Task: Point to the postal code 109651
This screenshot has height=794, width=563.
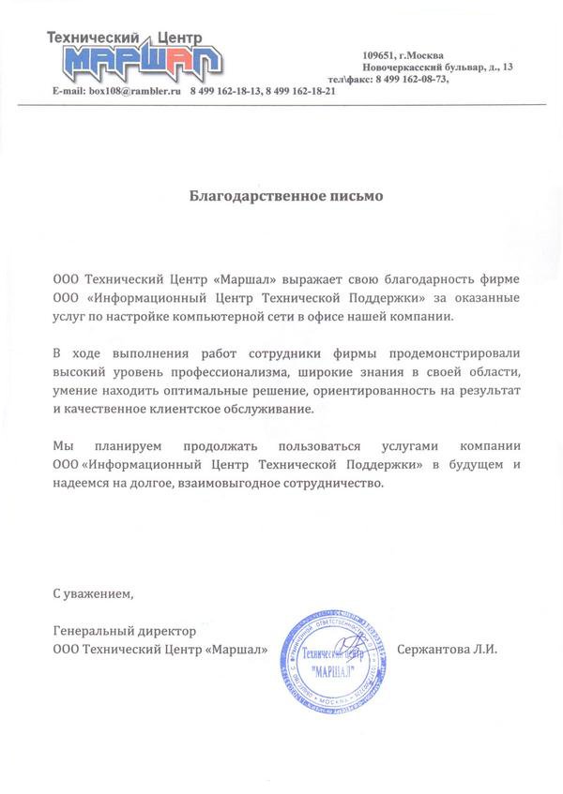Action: [382, 54]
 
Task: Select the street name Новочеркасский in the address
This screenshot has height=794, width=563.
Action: [407, 67]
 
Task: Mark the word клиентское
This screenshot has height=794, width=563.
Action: [220, 411]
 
